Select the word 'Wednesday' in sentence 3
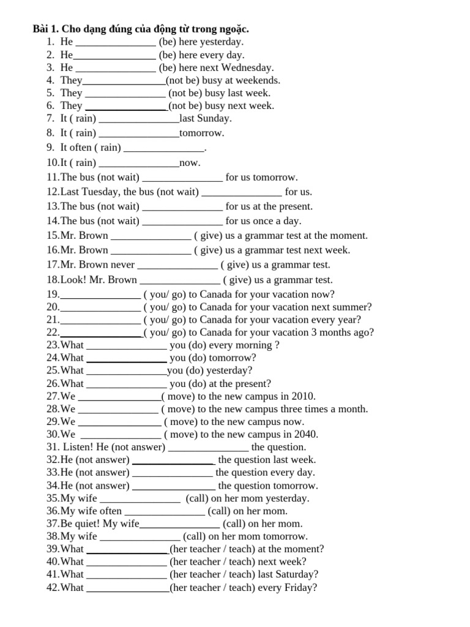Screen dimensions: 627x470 point(247,67)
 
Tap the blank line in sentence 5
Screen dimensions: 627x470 point(125,93)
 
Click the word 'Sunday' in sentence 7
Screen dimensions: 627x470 point(214,118)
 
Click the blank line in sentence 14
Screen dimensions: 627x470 point(182,221)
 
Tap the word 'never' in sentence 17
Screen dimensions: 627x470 point(122,265)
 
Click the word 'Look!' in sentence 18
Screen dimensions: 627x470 point(73,280)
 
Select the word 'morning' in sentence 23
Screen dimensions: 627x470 point(254,345)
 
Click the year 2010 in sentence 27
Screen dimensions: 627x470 point(304,396)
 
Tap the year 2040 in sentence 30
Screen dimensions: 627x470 point(306,434)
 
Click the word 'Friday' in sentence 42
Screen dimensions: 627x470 point(299,588)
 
